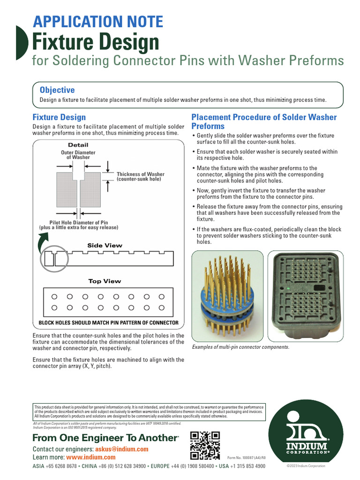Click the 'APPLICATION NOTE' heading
[97, 22]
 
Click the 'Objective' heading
[57, 90]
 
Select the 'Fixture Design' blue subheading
[59, 117]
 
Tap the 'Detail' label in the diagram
[78, 145]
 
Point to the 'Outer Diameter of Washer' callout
[78, 155]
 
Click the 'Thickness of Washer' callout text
[141, 177]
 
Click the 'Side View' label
[105, 245]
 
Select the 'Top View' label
[105, 281]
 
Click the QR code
[205, 445]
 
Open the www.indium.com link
[90, 457]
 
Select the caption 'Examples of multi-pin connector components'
[240, 347]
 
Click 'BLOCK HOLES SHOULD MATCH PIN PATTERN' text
[108, 322]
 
